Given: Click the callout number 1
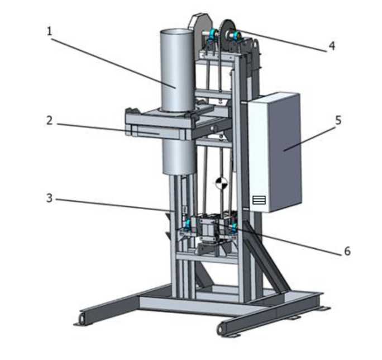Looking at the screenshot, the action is pyautogui.click(x=50, y=31).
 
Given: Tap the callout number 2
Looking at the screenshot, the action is pyautogui.click(x=50, y=121).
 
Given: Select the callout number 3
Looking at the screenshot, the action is pyautogui.click(x=50, y=198).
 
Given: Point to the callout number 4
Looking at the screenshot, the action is pyautogui.click(x=332, y=46).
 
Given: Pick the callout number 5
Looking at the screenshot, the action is pyautogui.click(x=338, y=120).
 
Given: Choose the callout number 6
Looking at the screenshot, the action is pyautogui.click(x=347, y=251).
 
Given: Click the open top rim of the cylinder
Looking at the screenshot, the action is pyautogui.click(x=175, y=32).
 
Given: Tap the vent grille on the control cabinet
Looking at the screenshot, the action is pyautogui.click(x=259, y=200).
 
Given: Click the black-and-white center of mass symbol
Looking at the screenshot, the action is pyautogui.click(x=222, y=183).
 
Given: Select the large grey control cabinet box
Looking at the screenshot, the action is pyautogui.click(x=274, y=153).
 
